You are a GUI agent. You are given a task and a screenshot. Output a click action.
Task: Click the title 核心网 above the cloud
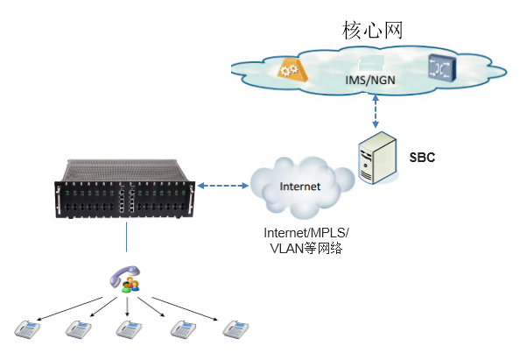372,30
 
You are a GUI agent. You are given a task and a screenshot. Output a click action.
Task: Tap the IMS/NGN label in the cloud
370,80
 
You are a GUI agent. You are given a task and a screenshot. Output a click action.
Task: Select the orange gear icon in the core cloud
292,69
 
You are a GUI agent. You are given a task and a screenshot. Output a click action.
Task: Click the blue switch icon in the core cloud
443,68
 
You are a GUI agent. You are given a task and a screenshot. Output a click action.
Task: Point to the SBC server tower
377,158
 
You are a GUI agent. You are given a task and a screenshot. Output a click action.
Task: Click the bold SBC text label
422,158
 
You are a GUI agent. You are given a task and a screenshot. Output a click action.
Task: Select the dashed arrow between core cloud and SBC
376,111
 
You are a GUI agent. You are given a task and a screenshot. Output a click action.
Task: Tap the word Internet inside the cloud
299,187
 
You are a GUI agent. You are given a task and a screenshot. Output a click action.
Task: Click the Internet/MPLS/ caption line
306,233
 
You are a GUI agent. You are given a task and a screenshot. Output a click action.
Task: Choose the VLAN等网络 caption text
306,249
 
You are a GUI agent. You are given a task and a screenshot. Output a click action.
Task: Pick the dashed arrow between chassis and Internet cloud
223,186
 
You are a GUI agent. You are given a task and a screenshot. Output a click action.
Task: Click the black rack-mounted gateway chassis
124,189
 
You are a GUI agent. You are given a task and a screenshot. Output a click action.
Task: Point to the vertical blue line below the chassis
126,237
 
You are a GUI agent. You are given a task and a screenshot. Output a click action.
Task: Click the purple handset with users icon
124,279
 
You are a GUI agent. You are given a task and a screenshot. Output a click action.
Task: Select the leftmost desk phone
27,329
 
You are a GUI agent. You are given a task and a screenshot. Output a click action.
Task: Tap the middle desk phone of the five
129,329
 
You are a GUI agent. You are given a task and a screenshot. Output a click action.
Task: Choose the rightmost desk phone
235,329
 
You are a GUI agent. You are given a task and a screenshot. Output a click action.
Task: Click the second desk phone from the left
78,329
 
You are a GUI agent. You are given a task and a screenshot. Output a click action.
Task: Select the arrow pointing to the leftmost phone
69,309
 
